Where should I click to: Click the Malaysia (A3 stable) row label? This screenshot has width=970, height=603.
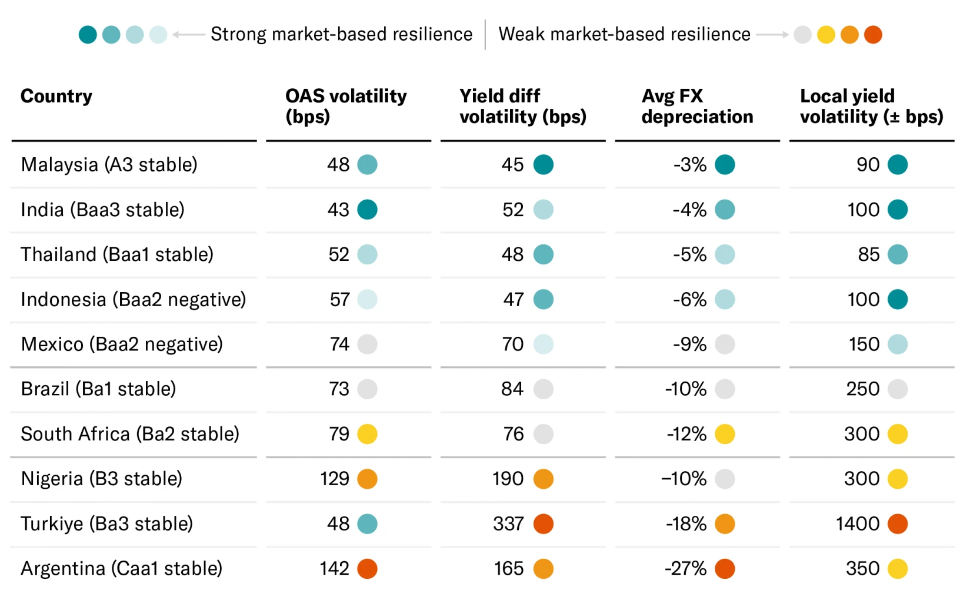click(x=109, y=165)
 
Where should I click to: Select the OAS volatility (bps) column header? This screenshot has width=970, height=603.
click(x=346, y=106)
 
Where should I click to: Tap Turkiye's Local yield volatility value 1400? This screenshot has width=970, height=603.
click(x=858, y=524)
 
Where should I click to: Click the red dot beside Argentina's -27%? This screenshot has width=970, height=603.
click(x=725, y=569)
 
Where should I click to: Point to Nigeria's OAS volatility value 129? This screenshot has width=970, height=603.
click(x=334, y=479)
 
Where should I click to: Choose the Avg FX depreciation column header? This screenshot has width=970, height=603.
click(x=697, y=106)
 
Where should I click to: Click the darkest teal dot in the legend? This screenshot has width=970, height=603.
click(x=88, y=35)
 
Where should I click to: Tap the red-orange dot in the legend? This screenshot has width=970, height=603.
click(x=873, y=35)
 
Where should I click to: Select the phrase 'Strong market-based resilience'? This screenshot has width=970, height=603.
click(x=341, y=34)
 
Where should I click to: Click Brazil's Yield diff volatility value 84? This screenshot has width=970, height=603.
click(x=512, y=389)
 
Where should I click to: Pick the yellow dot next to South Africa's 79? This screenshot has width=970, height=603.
click(x=367, y=435)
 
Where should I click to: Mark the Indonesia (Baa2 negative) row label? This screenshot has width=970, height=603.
click(x=134, y=300)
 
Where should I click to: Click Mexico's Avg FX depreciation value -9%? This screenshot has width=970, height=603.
click(x=689, y=344)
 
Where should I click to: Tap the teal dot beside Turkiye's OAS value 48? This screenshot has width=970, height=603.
click(x=367, y=524)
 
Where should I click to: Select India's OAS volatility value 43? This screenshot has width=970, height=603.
click(x=338, y=210)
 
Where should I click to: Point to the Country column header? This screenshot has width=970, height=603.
click(x=56, y=96)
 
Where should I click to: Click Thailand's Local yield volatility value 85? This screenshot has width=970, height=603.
click(x=869, y=254)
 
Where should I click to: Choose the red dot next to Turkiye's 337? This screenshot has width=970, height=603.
click(x=544, y=524)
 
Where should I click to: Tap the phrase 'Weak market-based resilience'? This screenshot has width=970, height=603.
click(x=625, y=34)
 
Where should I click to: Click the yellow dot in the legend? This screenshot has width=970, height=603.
click(x=826, y=35)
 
